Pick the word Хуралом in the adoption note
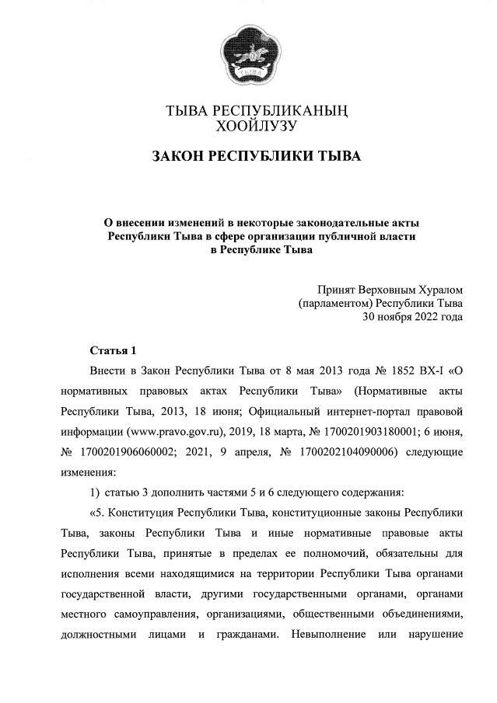[x=437, y=288]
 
